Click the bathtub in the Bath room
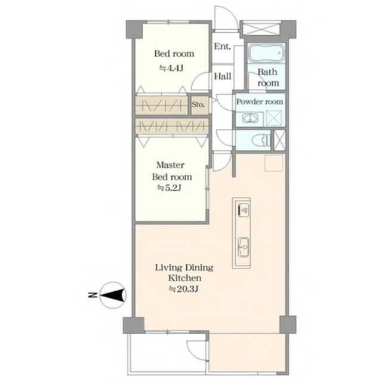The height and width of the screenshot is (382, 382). click(x=266, y=53)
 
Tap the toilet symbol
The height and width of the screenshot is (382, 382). click(x=261, y=140)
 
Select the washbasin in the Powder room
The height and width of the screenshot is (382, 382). click(x=249, y=118)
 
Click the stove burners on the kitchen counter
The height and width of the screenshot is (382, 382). click(x=244, y=210)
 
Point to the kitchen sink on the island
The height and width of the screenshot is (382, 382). click(x=244, y=247)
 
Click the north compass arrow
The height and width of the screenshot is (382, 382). click(x=113, y=295)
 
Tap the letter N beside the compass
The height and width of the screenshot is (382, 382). click(x=92, y=295)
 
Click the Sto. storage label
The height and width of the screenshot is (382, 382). click(x=198, y=105)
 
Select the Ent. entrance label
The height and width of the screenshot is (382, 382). click(x=222, y=47)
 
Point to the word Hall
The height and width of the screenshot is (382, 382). click(x=223, y=76)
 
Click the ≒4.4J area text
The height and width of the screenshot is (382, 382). click(x=171, y=68)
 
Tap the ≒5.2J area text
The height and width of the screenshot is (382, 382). click(x=169, y=188)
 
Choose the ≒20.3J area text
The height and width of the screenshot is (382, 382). click(x=184, y=289)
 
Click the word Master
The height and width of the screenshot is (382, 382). click(x=170, y=165)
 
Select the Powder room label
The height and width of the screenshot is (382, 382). click(x=260, y=101)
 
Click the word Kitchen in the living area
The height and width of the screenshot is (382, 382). click(x=185, y=278)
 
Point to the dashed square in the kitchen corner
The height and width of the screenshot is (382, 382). click(x=274, y=162)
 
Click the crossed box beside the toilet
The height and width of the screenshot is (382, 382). click(x=279, y=140)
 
